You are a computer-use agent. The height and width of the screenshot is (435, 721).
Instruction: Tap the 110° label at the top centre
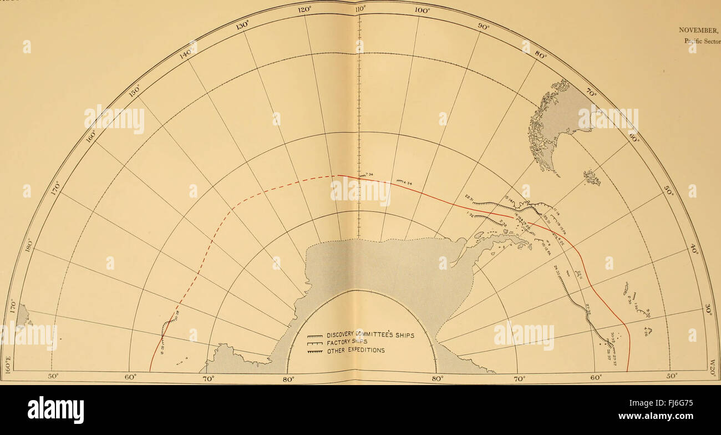[360, 8]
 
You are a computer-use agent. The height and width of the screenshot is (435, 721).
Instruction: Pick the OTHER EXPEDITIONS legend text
[356, 350]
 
